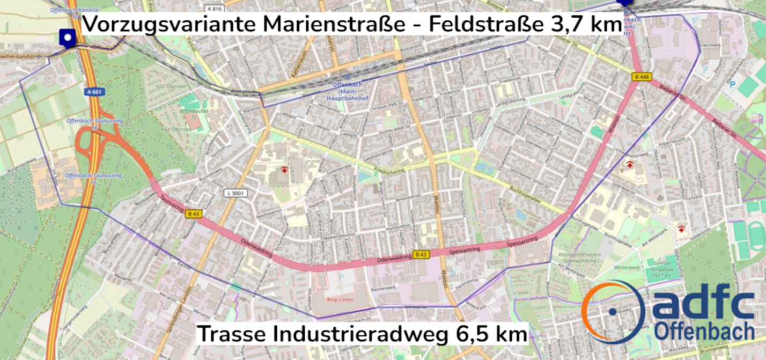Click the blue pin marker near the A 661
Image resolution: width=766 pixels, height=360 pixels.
(68, 38)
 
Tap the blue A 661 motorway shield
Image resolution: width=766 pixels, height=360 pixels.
(94, 92)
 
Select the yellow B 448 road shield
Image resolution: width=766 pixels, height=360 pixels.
(642, 76)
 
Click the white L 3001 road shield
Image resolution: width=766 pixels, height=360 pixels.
(235, 192)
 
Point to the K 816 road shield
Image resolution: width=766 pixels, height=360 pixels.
(213, 9)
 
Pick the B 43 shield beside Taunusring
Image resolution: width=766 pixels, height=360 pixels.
(193, 214)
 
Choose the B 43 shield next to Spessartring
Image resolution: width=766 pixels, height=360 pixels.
(421, 254)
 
